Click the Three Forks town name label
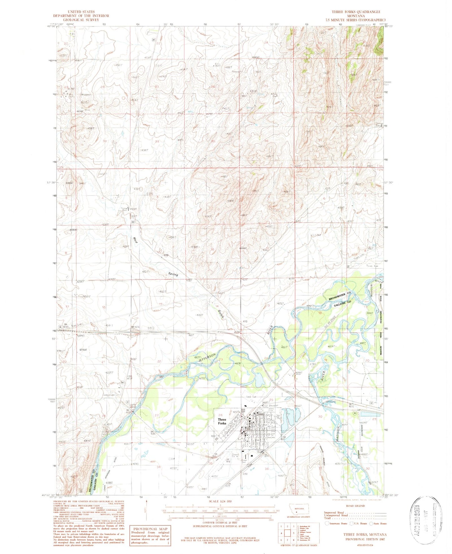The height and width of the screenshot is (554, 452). pyautogui.click(x=222, y=421)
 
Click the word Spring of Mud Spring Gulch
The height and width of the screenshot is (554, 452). pyautogui.click(x=173, y=274)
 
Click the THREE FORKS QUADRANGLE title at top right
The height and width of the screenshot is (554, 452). pyautogui.click(x=356, y=12)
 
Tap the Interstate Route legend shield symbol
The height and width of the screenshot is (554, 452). pyautogui.click(x=327, y=523)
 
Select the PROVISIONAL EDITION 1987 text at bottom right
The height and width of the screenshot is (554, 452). pyautogui.click(x=365, y=539)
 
